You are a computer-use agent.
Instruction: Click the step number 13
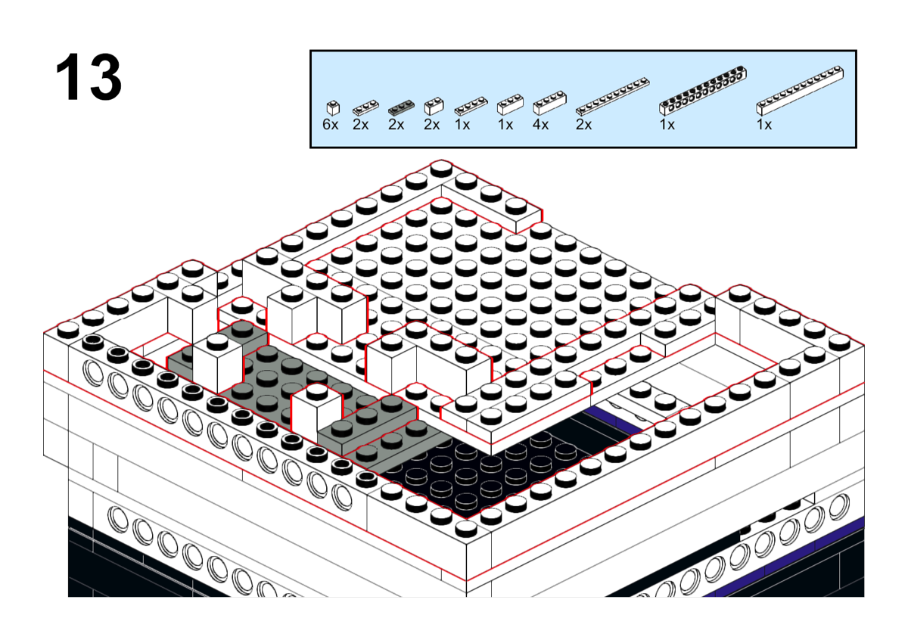pyautogui.click(x=89, y=77)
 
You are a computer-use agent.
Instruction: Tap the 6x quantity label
pyautogui.click(x=331, y=124)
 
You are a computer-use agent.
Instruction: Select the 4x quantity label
pyautogui.click(x=540, y=124)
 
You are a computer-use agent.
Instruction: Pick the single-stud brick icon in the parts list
pyautogui.click(x=333, y=107)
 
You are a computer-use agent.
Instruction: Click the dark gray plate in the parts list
pyautogui.click(x=401, y=107)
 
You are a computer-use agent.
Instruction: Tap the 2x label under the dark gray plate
pyautogui.click(x=396, y=124)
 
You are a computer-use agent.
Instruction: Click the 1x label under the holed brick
pyautogui.click(x=667, y=124)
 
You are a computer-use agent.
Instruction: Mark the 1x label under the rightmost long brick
pyautogui.click(x=764, y=124)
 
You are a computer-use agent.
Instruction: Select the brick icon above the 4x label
pyautogui.click(x=549, y=103)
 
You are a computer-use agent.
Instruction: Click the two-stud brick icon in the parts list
pyautogui.click(x=434, y=106)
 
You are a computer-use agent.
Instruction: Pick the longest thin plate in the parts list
pyautogui.click(x=612, y=97)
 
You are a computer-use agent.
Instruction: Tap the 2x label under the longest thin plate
pyautogui.click(x=583, y=124)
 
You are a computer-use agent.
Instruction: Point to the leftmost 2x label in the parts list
pyautogui.click(x=360, y=124)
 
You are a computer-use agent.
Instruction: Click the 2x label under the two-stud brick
pyautogui.click(x=432, y=124)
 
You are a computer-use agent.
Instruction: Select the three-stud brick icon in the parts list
pyautogui.click(x=510, y=104)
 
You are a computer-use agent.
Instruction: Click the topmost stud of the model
pyautogui.click(x=441, y=168)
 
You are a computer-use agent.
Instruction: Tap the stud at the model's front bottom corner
pyautogui.click(x=466, y=528)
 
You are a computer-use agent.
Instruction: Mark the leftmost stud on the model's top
pyautogui.click(x=68, y=330)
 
